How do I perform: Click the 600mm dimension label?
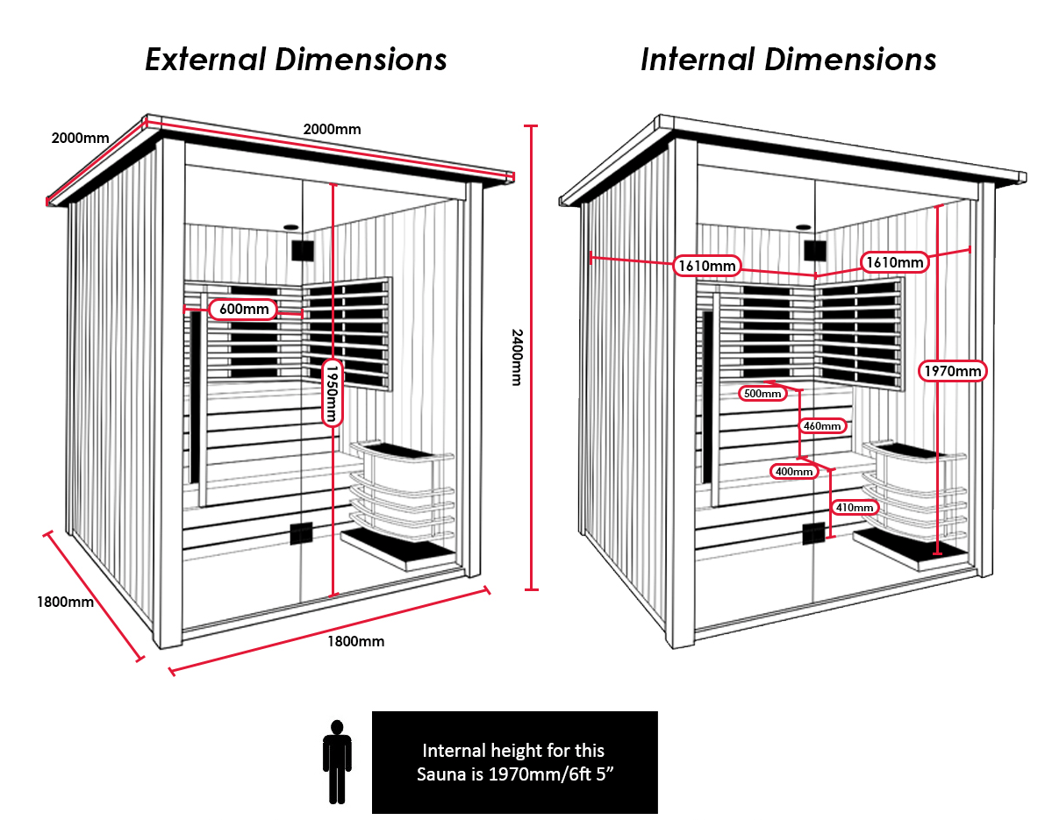pos(243,309)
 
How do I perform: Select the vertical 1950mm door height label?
pos(331,391)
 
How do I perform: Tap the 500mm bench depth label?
pos(762,394)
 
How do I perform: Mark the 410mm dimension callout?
pos(854,508)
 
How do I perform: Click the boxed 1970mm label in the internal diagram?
pos(954,371)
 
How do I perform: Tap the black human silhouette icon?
pos(336,761)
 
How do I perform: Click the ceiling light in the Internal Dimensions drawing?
pos(803,228)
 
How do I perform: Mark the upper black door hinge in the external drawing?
pos(303,250)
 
